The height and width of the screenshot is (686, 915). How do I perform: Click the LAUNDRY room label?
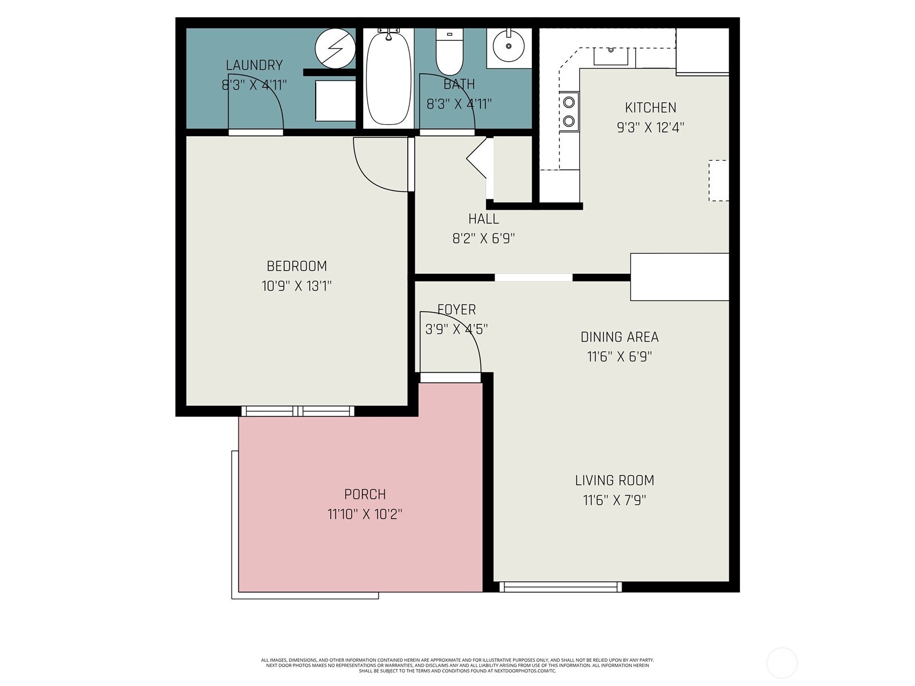point(254,65)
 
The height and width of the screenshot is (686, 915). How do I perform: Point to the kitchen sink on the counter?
point(611,57)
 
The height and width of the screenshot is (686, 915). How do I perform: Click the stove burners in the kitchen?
point(569,111)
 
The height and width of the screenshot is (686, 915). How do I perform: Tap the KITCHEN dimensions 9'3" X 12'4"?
point(650,127)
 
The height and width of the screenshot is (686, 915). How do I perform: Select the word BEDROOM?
point(297,266)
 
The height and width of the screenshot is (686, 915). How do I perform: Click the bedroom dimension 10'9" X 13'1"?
point(297,286)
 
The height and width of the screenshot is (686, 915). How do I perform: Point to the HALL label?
point(483,219)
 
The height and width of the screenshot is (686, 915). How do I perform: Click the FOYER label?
point(456,309)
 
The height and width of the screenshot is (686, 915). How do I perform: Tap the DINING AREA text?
point(619,337)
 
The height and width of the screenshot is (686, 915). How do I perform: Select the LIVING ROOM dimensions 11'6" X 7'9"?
point(614,500)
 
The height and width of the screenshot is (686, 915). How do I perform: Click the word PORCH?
point(365,494)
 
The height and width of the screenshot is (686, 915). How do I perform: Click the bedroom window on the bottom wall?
point(297,411)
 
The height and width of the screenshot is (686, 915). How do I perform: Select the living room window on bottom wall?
point(560,587)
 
